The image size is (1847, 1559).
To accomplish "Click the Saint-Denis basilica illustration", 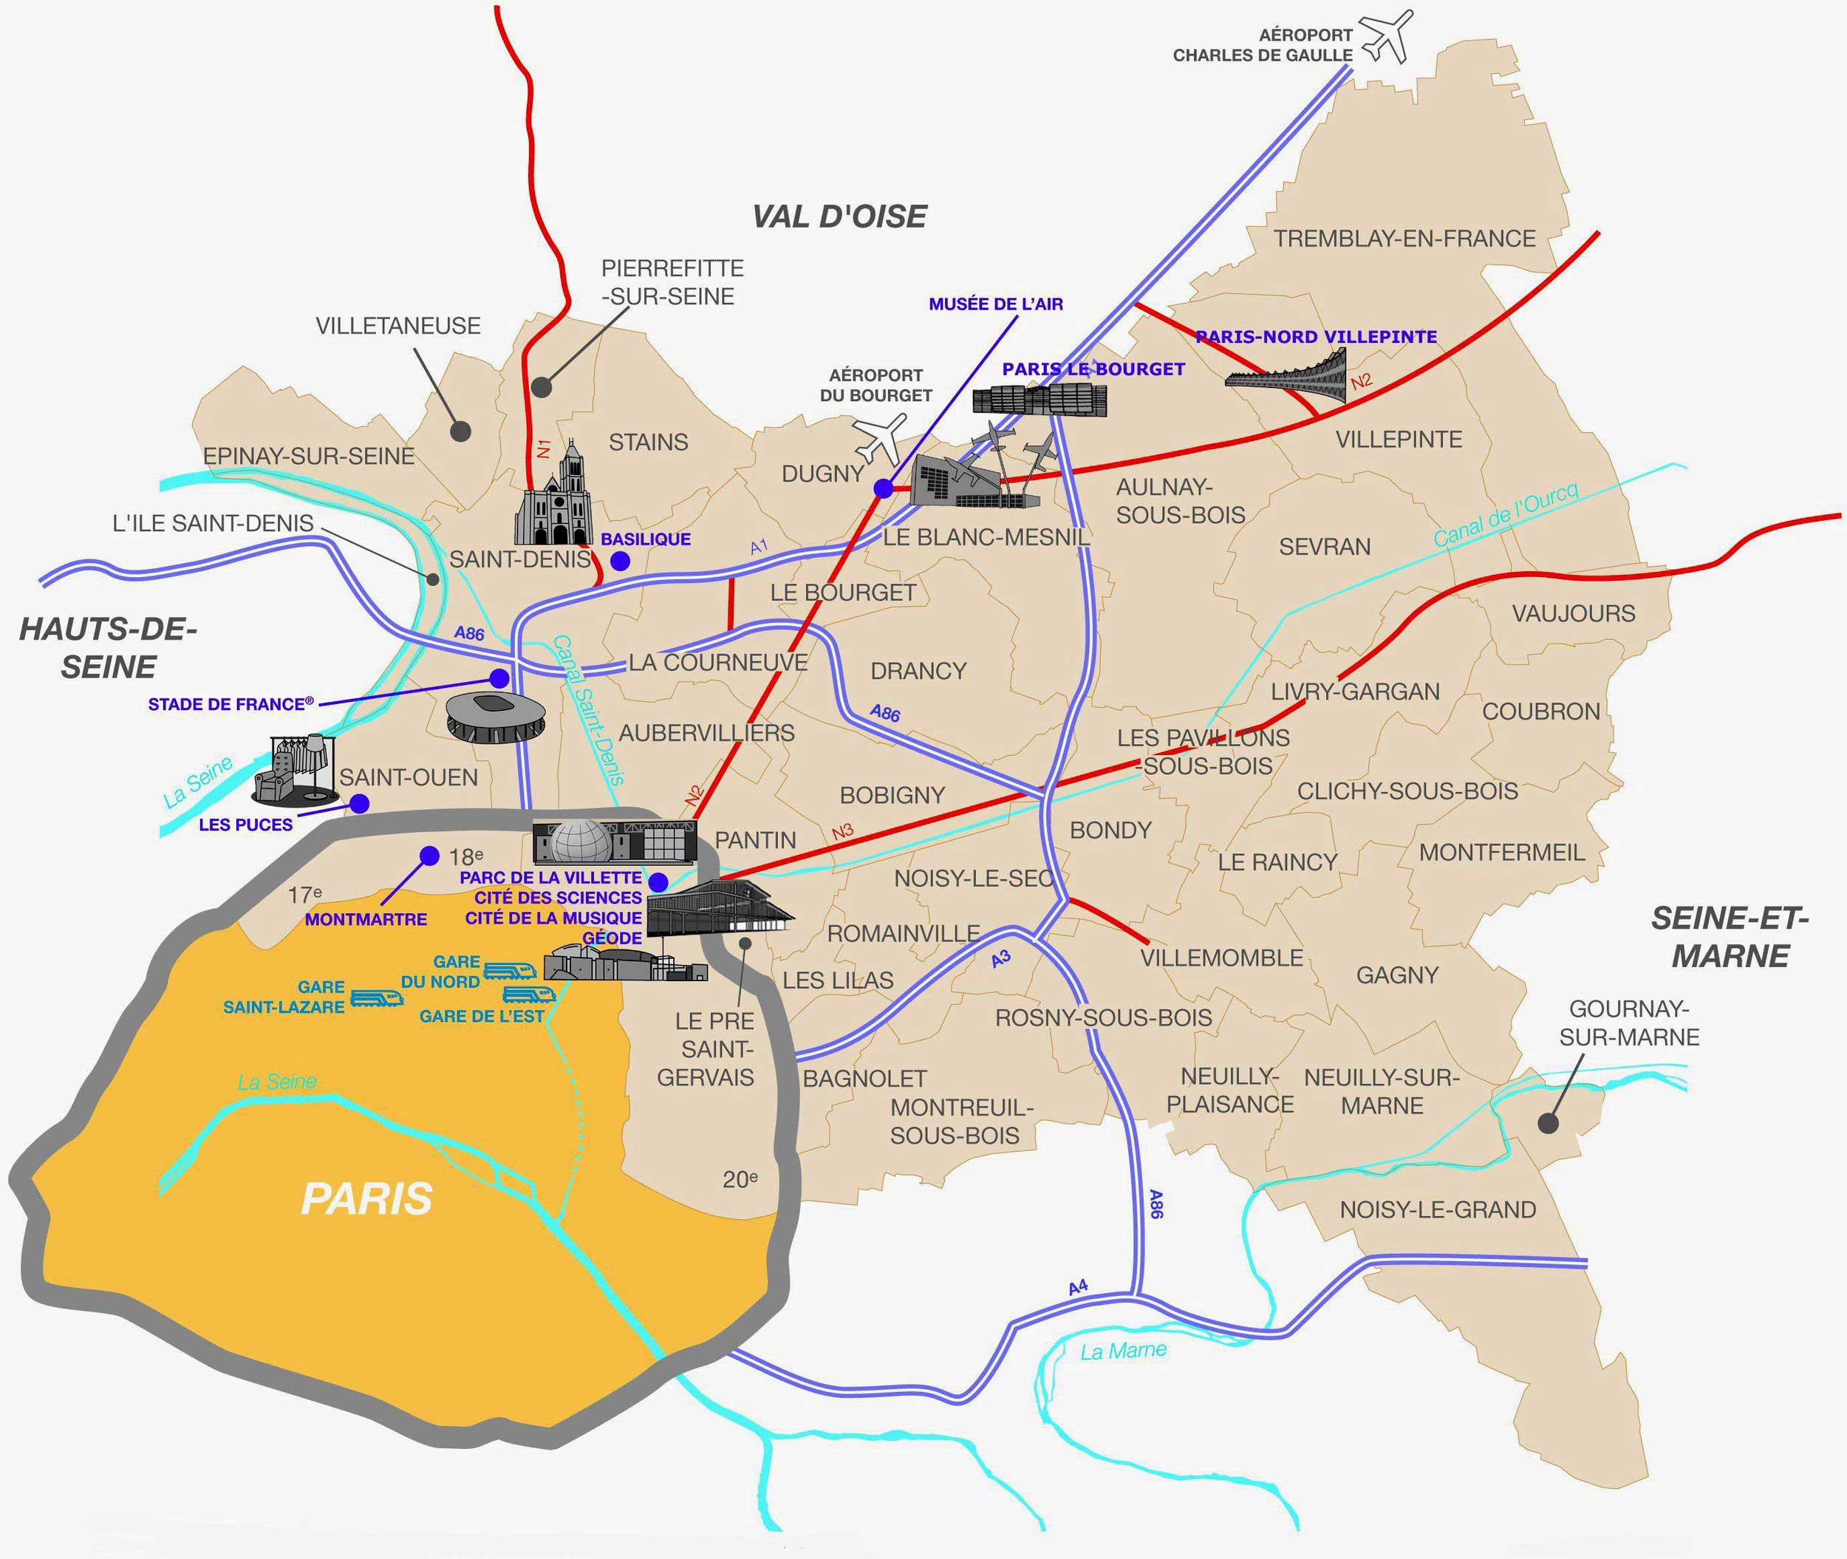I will click(x=554, y=497).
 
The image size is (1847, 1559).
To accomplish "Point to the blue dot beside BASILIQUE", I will click(x=621, y=560).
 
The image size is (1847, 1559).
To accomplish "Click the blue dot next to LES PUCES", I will click(x=359, y=803).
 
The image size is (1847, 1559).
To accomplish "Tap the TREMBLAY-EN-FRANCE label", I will click(x=1404, y=239).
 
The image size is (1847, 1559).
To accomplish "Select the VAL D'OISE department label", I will click(x=839, y=216).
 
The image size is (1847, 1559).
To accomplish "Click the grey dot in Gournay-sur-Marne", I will click(x=1546, y=1123).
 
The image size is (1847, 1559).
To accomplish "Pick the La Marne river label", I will click(x=1123, y=1351).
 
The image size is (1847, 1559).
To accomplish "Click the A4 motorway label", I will click(x=1078, y=1288).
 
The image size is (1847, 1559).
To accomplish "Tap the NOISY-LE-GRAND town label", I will click(x=1438, y=1210).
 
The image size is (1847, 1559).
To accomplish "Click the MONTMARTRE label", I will click(x=366, y=919).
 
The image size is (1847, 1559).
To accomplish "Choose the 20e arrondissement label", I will click(x=740, y=1180).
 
